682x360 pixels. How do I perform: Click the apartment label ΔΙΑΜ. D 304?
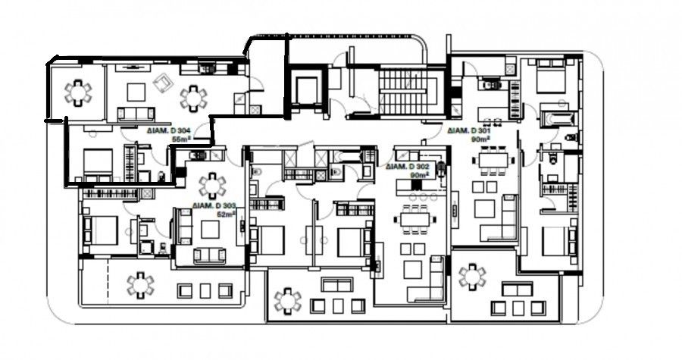coord(169,130)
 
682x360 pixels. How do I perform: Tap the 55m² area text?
coord(179,139)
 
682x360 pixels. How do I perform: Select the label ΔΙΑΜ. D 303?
coord(214,205)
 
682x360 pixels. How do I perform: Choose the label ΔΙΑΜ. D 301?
coord(470,130)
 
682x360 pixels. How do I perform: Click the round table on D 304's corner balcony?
coord(77,93)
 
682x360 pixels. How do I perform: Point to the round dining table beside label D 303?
coord(211,184)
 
